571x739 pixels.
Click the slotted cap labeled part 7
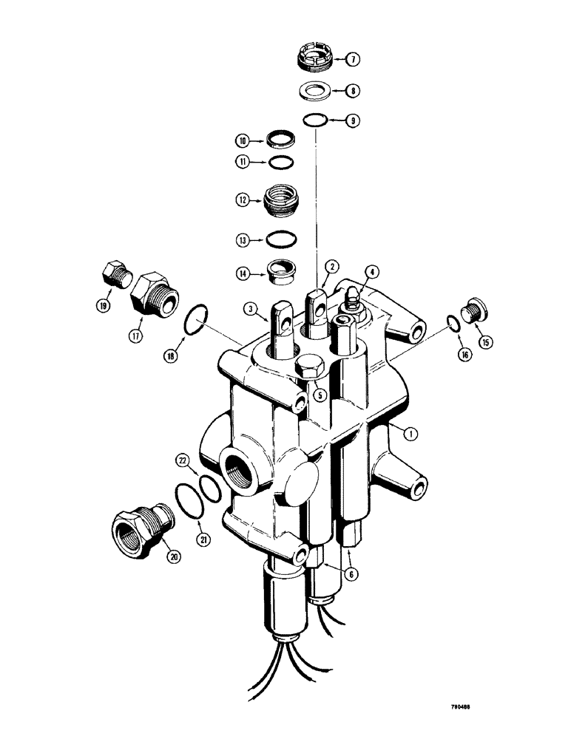click(317, 58)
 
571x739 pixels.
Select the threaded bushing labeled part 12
click(283, 200)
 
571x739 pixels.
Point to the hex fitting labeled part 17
click(153, 298)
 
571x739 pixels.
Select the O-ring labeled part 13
click(282, 239)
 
